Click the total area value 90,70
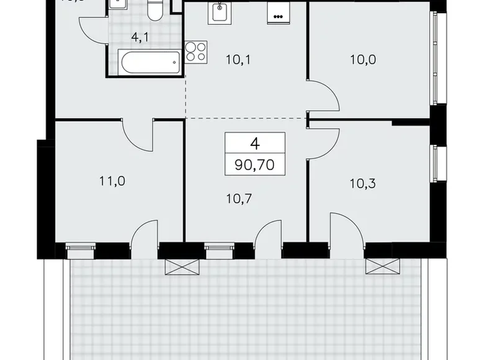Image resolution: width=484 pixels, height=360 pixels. [254, 165]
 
